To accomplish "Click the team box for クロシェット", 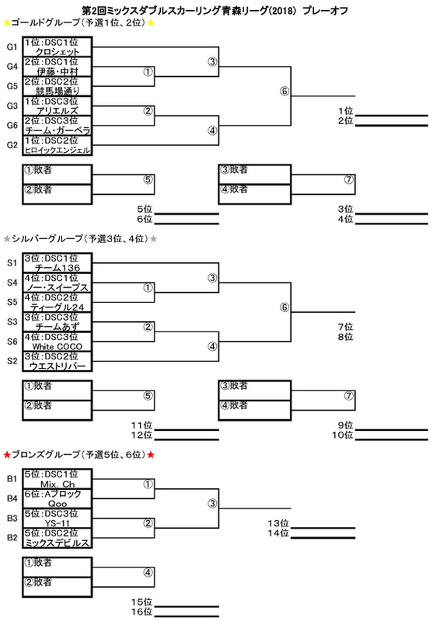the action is coord(57,47).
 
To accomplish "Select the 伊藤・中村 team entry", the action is coord(57,67).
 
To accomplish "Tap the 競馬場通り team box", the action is coord(57,86).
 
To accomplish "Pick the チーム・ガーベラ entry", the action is coord(57,126).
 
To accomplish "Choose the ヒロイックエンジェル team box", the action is coord(57,145).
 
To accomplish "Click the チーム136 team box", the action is coord(57,263).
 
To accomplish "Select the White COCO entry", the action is coord(57,342).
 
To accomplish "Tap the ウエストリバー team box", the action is coord(57,361).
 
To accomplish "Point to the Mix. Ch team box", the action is coord(57,479).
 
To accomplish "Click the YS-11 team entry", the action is coord(57,518).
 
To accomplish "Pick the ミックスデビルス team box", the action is coord(57,538).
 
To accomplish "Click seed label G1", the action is coord(12,47).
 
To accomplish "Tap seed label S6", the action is coord(12,342).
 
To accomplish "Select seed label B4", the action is coord(12,498).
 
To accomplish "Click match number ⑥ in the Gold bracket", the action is coord(285,91).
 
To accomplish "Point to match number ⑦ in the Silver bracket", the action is coord(348,396).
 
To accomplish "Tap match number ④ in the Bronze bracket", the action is coord(148,572).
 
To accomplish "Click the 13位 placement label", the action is coord(278,523).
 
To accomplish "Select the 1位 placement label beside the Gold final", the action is coord(345,111).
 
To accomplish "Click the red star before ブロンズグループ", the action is coord(7,455).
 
